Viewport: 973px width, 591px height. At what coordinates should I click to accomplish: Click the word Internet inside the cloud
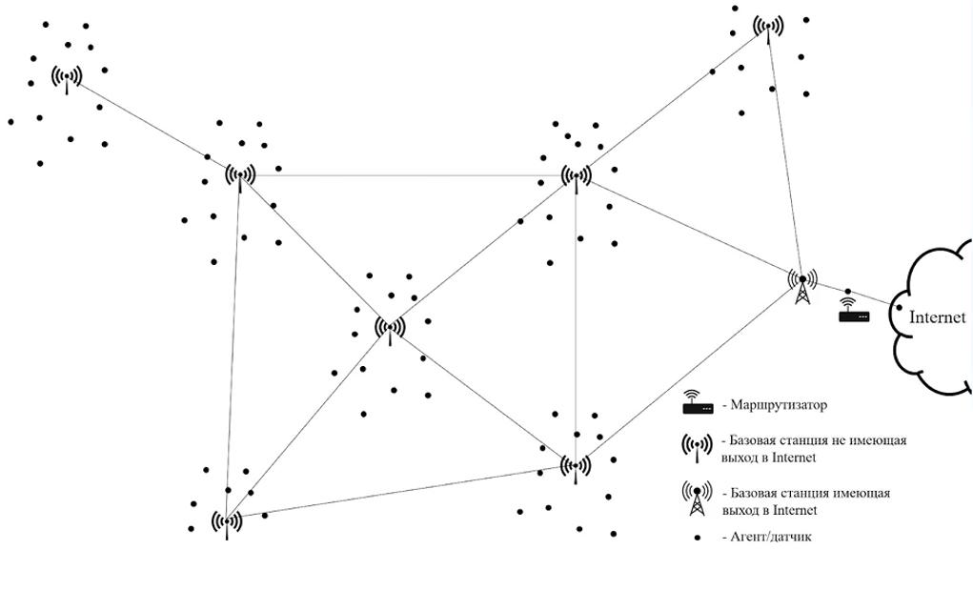click(x=937, y=317)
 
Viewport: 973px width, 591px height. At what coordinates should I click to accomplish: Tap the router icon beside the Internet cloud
click(x=853, y=311)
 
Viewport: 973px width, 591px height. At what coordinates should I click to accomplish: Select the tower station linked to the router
click(x=801, y=283)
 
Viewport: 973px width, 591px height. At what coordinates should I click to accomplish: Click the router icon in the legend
click(x=697, y=404)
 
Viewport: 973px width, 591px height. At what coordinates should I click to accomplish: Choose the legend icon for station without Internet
click(x=697, y=447)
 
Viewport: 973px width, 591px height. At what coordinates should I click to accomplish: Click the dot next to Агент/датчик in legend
click(x=697, y=538)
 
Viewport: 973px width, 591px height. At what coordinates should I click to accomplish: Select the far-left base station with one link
click(x=66, y=77)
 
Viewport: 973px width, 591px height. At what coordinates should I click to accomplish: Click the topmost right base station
click(x=768, y=28)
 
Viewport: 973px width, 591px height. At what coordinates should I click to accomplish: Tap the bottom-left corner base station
click(x=227, y=522)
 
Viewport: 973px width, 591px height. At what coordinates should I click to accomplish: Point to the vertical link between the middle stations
click(x=576, y=324)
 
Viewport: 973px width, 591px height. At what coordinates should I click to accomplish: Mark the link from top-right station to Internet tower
click(x=784, y=153)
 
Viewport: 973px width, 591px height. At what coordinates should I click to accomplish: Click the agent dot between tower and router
click(x=847, y=291)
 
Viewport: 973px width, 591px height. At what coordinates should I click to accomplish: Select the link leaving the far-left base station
click(x=143, y=121)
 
